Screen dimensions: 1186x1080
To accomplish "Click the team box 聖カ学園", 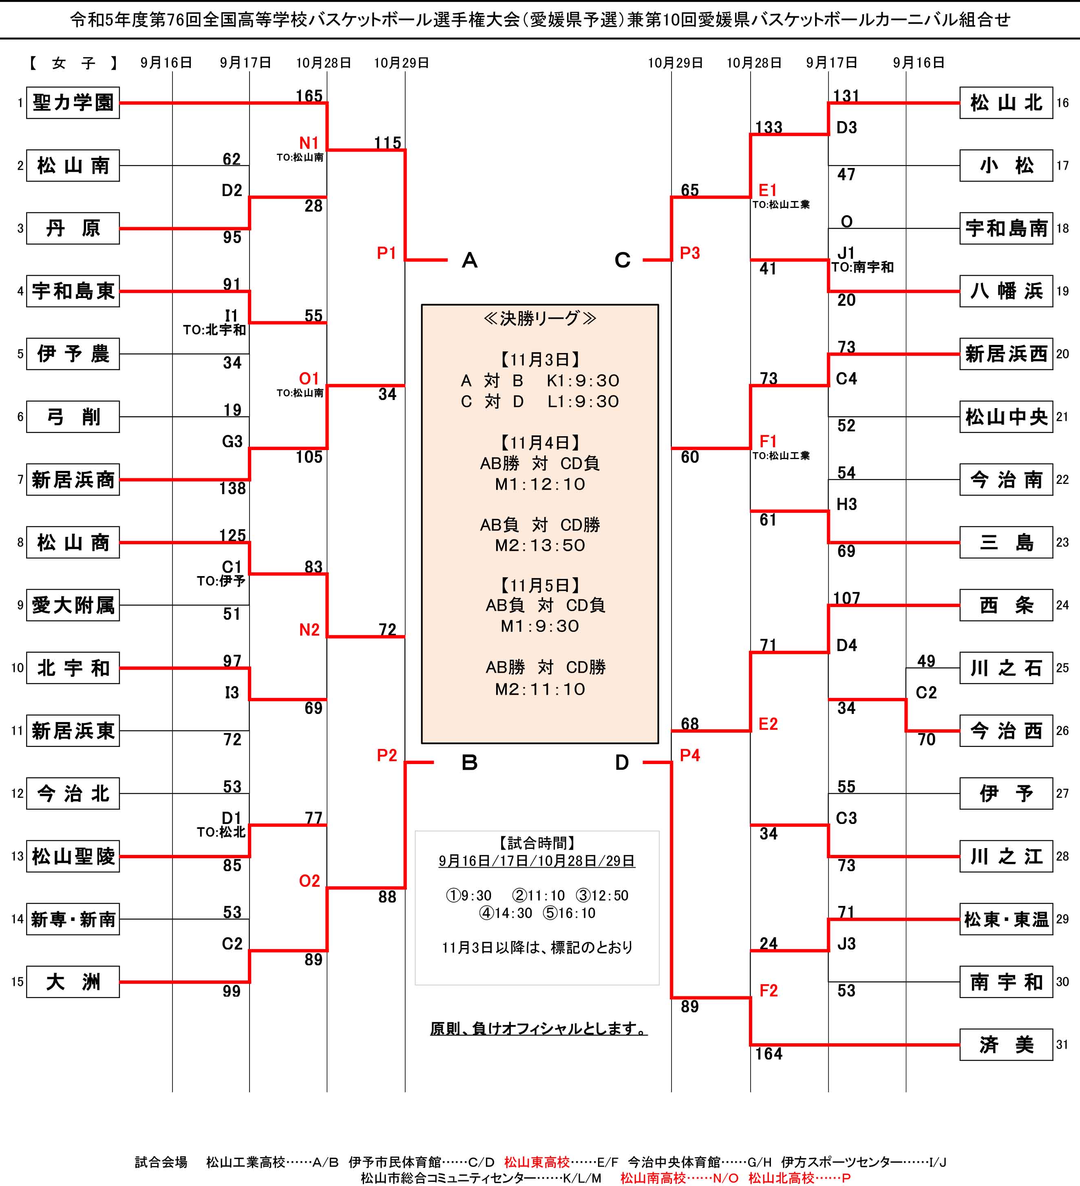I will click(73, 103).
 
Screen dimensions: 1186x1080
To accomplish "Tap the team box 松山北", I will click(1006, 103).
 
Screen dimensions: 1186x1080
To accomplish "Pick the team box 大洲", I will click(73, 982).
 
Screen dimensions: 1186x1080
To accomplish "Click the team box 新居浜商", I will click(73, 479).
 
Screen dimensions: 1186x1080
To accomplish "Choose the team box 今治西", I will click(1006, 731).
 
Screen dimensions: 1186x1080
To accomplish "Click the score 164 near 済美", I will click(769, 1053).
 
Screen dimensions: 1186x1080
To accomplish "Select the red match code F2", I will click(768, 991).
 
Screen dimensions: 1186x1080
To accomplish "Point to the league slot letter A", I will click(469, 260).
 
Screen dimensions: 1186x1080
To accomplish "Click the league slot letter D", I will click(622, 762).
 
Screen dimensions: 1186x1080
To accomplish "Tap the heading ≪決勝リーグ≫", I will click(540, 318).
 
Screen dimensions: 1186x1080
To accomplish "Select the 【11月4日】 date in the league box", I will click(540, 442).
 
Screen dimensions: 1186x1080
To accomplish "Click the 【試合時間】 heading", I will click(537, 843).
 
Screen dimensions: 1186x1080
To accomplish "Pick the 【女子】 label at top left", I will click(73, 63).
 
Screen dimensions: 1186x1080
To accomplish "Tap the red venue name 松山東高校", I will click(537, 1162).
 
